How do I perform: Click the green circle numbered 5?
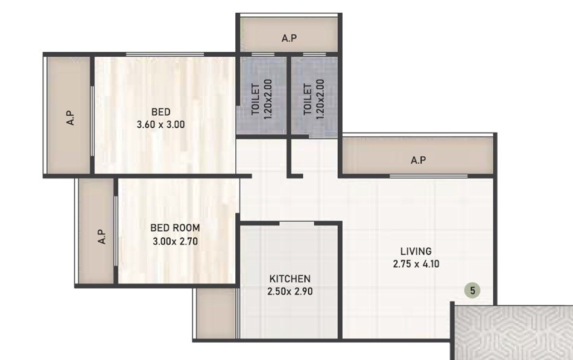(473, 291)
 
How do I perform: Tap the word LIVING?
(416, 251)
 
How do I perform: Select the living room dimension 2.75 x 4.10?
(416, 264)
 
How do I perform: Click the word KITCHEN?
(290, 279)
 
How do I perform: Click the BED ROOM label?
(174, 229)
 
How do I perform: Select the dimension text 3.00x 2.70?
(174, 242)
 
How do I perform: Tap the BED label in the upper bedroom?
(160, 112)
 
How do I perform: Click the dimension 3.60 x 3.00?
(160, 125)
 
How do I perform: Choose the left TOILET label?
(255, 99)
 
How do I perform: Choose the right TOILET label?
(307, 99)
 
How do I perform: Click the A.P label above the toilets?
(289, 39)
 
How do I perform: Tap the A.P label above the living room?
(418, 160)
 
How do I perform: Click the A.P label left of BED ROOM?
(101, 236)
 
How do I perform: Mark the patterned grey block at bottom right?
(513, 332)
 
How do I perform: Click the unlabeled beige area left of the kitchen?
(215, 314)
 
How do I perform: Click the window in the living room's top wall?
(428, 176)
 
